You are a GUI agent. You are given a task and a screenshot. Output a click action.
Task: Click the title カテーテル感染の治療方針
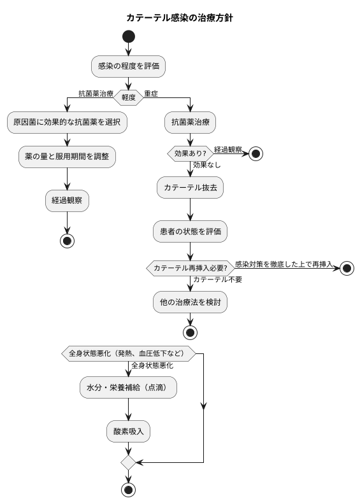(x=180, y=18)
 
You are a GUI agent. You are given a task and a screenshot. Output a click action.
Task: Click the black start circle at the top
(x=129, y=36)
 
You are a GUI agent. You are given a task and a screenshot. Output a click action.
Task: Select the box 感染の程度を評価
(x=129, y=66)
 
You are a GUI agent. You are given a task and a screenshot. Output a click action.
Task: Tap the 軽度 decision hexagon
(x=129, y=97)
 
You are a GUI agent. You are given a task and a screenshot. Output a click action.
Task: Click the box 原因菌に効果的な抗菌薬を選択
(x=67, y=122)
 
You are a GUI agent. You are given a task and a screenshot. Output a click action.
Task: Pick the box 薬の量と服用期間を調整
(x=67, y=157)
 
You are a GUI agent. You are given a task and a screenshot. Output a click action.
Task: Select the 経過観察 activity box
(x=67, y=201)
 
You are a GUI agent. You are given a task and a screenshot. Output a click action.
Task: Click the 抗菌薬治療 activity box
(x=190, y=122)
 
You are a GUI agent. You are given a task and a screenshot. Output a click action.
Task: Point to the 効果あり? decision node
(x=190, y=153)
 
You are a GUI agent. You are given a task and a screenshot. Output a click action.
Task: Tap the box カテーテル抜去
(x=190, y=188)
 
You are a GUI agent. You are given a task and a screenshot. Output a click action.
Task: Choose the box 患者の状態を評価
(x=190, y=232)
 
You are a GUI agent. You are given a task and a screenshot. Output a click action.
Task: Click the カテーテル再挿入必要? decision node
(x=190, y=268)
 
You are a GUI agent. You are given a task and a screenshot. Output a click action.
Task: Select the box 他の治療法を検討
(x=190, y=302)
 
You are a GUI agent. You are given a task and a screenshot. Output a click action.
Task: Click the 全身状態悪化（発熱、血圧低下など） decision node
(x=128, y=353)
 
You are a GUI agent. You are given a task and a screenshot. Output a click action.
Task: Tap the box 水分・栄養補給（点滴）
(x=128, y=388)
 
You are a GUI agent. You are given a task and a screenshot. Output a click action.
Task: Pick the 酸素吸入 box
(x=128, y=432)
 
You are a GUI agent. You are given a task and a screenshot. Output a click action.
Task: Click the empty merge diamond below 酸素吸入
(x=128, y=462)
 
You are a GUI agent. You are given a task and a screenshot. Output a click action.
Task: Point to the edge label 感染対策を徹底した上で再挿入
(x=284, y=264)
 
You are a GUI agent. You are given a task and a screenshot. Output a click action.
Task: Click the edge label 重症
(x=151, y=94)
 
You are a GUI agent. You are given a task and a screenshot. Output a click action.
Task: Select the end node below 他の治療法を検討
(x=190, y=332)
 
